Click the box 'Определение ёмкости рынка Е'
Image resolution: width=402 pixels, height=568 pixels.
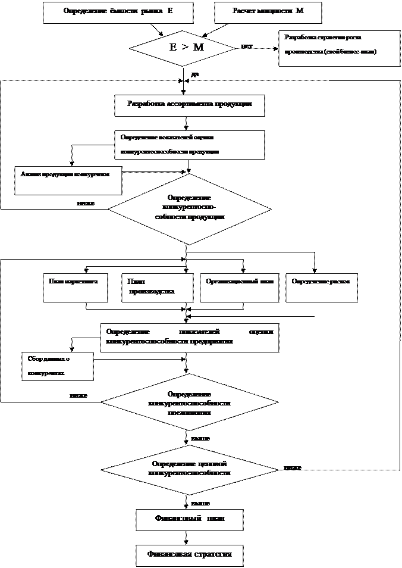(118, 13)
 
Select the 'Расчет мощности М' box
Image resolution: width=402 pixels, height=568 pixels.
(268, 13)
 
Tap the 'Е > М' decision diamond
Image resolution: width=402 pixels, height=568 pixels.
(182, 48)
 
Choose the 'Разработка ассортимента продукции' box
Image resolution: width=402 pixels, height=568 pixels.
(189, 104)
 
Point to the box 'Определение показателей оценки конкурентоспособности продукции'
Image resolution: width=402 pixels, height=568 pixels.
(189, 145)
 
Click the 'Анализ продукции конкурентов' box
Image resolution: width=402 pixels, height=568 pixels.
(68, 180)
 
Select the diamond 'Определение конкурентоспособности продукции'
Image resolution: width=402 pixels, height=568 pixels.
(189, 208)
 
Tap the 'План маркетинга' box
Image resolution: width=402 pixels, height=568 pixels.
(75, 287)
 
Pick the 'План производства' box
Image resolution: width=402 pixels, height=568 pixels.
(157, 287)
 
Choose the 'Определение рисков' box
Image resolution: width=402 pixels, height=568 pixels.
(322, 287)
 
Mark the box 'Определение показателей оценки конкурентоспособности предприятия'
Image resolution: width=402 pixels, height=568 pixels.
(189, 338)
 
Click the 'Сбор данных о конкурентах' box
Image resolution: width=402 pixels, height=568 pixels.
(57, 366)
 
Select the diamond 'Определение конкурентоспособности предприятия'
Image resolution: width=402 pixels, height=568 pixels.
(189, 402)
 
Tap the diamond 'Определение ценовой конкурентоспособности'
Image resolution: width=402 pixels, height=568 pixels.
(189, 468)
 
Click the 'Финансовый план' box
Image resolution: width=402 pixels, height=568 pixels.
(189, 519)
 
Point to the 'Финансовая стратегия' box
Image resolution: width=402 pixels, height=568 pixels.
(189, 555)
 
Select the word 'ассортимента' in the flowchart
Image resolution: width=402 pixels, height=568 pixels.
(189, 104)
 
